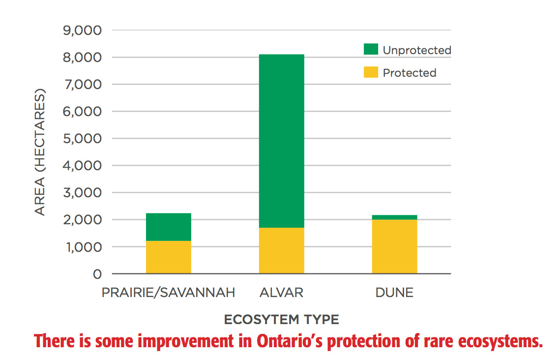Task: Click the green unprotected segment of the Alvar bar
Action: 282,141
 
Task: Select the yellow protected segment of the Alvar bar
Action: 282,251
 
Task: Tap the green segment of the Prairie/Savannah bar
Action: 169,227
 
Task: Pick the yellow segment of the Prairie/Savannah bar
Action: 169,257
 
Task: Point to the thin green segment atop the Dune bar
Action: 395,217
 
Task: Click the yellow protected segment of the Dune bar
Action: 395,246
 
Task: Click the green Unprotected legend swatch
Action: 371,49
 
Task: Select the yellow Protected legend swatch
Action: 371,72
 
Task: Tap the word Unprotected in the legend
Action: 417,50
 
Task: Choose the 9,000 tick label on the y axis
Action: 82,30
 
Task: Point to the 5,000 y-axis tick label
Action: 82,139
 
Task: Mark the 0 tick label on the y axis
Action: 97,274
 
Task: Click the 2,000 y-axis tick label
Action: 82,220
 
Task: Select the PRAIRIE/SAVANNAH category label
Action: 168,293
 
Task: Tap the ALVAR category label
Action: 282,293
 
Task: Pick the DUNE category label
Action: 394,293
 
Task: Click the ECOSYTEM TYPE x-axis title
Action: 282,319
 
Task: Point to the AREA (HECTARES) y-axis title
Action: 40,152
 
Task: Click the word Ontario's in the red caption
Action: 290,341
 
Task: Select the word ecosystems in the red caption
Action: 500,341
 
